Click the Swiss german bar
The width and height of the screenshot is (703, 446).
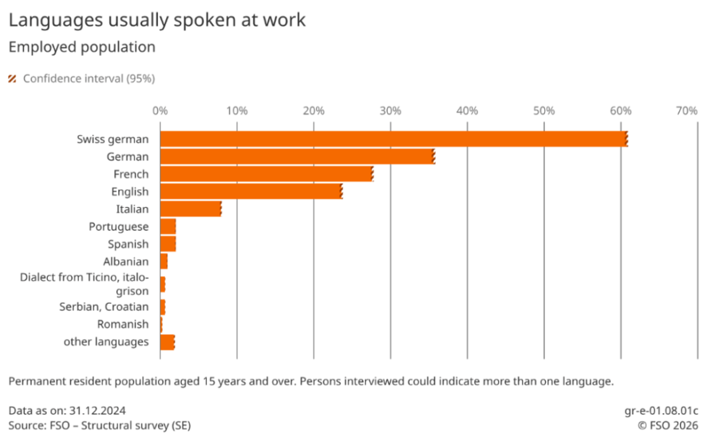click(x=393, y=139)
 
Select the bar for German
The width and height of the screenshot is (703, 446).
click(x=297, y=156)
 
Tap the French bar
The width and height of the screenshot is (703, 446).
click(x=266, y=174)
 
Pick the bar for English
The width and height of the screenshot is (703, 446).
click(x=251, y=191)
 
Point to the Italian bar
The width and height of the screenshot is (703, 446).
click(x=191, y=209)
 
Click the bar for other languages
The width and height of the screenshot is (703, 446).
click(x=168, y=342)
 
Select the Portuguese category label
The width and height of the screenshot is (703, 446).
click(x=118, y=227)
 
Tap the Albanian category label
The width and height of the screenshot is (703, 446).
click(x=126, y=262)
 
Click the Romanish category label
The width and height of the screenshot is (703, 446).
click(x=123, y=324)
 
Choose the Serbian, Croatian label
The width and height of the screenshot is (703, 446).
click(x=104, y=307)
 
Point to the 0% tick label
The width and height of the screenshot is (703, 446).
click(x=160, y=110)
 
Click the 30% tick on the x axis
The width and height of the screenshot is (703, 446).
click(x=391, y=110)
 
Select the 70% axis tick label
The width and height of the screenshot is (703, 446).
click(x=687, y=110)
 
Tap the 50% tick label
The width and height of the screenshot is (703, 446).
click(x=544, y=110)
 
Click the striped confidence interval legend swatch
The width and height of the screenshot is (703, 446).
click(x=12, y=79)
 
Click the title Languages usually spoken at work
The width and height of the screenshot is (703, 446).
click(x=157, y=21)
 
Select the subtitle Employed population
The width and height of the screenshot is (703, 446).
click(x=82, y=47)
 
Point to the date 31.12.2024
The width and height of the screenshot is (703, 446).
click(x=97, y=410)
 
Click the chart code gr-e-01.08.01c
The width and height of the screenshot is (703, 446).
click(x=661, y=410)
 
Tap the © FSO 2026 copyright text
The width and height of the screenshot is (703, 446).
click(x=668, y=425)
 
